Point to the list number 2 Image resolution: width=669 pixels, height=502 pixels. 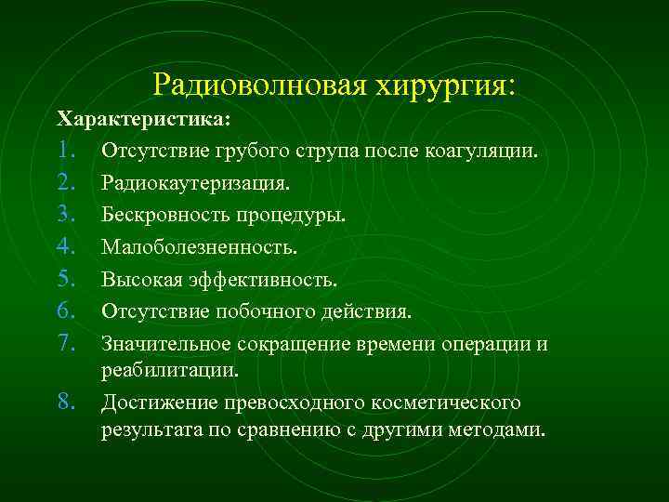[65, 182]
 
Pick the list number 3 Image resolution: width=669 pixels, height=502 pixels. [65, 215]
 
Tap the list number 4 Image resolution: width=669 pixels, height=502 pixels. [65, 247]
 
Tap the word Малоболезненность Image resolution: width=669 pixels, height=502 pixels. [200, 247]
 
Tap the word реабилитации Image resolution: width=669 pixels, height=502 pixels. [169, 370]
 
